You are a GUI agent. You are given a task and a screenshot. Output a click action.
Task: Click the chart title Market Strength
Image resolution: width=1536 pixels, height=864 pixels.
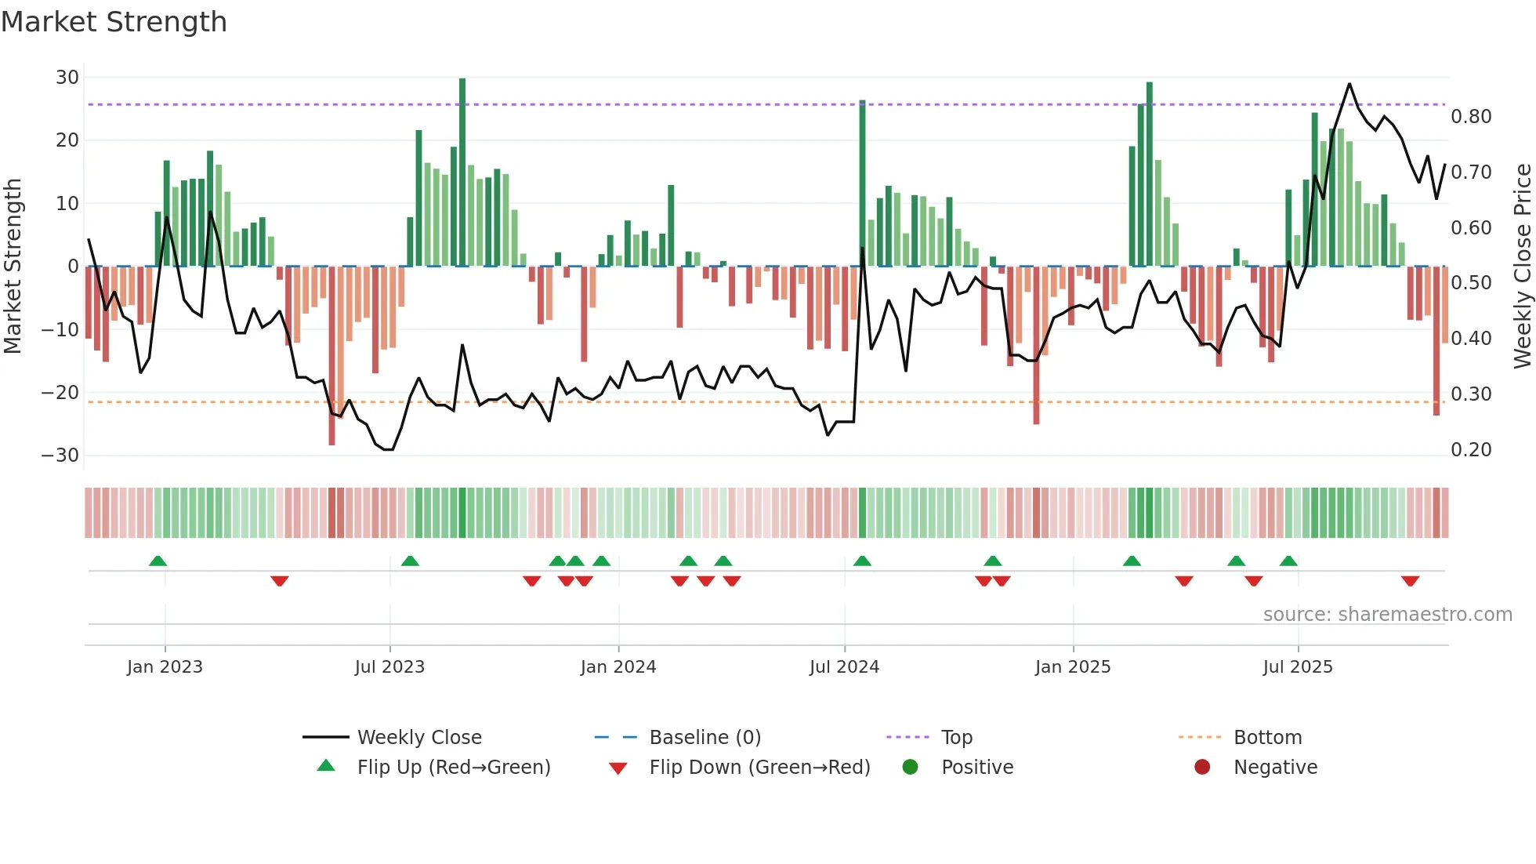click(x=114, y=22)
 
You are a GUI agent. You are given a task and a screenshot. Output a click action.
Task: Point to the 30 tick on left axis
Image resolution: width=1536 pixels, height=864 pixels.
click(x=67, y=78)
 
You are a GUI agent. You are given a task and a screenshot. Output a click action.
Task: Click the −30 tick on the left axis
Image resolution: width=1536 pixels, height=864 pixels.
click(x=60, y=456)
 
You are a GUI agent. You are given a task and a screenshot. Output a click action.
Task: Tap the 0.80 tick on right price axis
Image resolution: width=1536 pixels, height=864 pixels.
click(x=1471, y=117)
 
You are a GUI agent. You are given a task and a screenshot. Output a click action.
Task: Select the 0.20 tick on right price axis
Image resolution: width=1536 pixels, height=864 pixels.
click(x=1471, y=450)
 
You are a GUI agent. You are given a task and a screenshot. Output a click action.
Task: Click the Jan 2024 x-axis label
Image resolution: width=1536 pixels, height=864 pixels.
click(x=618, y=667)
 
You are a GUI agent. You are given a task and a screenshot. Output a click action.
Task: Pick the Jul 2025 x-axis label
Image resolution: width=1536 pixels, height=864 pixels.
click(x=1297, y=667)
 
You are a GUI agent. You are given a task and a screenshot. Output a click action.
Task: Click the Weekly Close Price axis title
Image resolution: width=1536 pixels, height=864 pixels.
click(x=1522, y=266)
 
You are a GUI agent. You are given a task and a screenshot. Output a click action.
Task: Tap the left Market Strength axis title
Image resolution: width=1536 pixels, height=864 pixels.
click(x=13, y=266)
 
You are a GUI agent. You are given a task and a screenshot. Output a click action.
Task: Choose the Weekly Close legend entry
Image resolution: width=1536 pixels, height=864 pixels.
click(x=419, y=738)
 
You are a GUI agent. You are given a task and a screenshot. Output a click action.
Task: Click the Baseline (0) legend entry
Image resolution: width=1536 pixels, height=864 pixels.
click(x=705, y=738)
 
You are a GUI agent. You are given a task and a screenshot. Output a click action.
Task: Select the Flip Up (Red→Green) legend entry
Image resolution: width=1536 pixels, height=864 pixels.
click(x=453, y=768)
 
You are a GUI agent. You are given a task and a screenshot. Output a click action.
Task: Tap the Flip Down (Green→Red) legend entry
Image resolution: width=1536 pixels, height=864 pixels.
click(x=759, y=768)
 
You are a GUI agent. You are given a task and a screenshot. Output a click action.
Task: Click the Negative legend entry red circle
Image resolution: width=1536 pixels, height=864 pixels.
click(x=1202, y=767)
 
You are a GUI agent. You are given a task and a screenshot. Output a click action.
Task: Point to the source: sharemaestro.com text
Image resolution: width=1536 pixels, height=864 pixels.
click(x=1387, y=615)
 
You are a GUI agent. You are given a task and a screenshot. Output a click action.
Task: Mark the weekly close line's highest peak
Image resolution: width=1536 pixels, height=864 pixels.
click(x=1349, y=84)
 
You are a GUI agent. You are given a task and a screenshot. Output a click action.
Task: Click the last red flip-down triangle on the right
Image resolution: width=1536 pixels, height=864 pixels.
click(x=1410, y=581)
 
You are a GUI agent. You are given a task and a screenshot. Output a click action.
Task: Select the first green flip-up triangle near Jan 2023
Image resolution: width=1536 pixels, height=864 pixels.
click(x=158, y=561)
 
